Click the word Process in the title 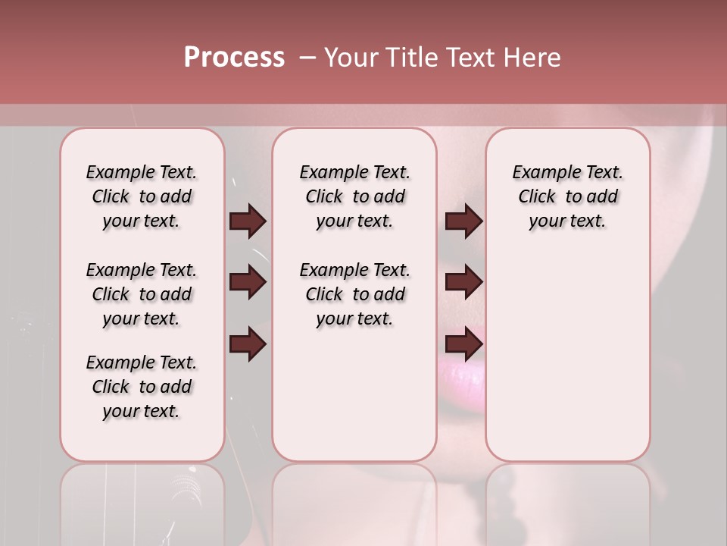click(234, 58)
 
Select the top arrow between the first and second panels click(248, 221)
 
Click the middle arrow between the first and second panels click(248, 283)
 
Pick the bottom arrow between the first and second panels click(248, 345)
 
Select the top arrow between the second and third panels click(463, 221)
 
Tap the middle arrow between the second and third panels click(463, 283)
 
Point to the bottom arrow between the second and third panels click(463, 345)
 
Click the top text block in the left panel click(142, 196)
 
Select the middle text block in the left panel click(142, 294)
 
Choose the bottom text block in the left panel click(142, 387)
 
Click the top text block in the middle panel click(355, 196)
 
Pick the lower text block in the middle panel click(355, 294)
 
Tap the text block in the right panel click(568, 196)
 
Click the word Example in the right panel click(541, 173)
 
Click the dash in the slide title click(307, 58)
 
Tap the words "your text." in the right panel click(568, 221)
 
